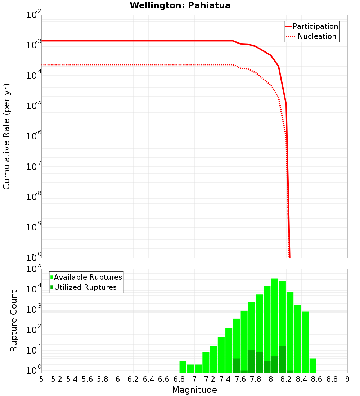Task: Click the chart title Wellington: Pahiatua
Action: click(180, 5)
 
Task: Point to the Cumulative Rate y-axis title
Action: click(6, 136)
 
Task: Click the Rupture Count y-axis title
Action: click(14, 321)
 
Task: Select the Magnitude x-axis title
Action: click(194, 390)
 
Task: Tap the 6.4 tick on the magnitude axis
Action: click(148, 379)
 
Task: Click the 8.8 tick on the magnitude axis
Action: click(332, 379)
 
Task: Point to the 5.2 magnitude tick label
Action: click(57, 379)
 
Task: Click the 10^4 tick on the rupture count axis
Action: click(33, 289)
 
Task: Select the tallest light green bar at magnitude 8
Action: click(275, 324)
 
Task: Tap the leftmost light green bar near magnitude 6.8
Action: click(183, 366)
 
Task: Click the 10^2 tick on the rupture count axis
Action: click(33, 330)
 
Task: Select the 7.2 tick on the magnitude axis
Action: click(210, 379)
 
